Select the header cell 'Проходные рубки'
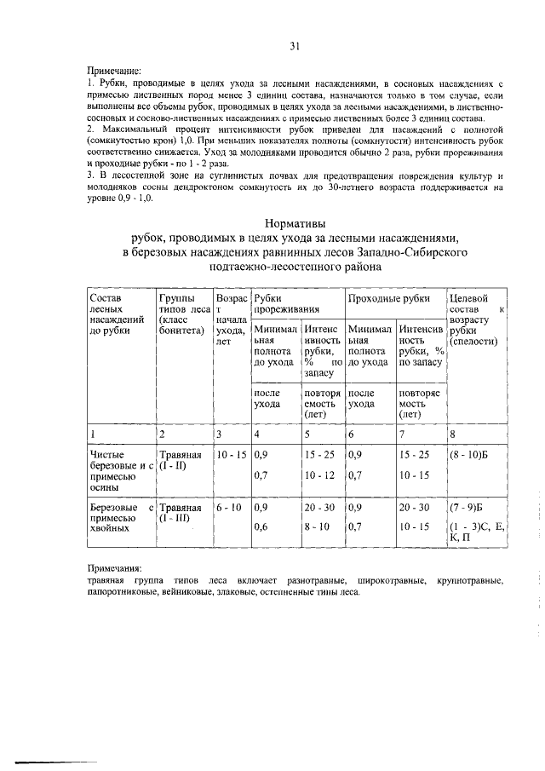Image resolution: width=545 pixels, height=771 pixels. point(387,298)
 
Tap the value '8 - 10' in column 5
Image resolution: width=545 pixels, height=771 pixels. point(318,527)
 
